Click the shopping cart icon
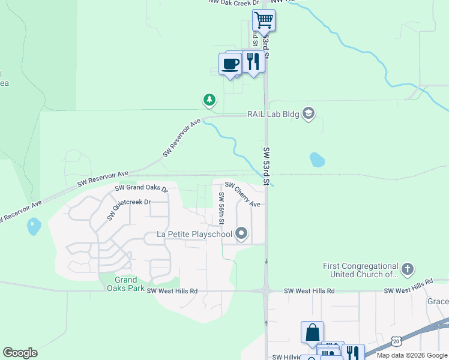coord(264,20)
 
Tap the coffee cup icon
coord(230,64)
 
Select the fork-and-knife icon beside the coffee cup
coord(253,62)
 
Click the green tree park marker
coord(209,100)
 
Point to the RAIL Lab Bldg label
coord(273,114)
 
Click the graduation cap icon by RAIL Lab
coord(309,114)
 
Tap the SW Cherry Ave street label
coord(243,195)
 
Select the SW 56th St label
coord(221,208)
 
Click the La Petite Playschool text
coord(194,233)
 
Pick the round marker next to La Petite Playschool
coord(241,233)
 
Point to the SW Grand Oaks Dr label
coord(141,188)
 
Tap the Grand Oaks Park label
coord(126,283)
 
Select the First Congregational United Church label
coord(360,270)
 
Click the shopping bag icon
coord(312,332)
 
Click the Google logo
coord(20,353)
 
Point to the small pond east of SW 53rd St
coord(317,160)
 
